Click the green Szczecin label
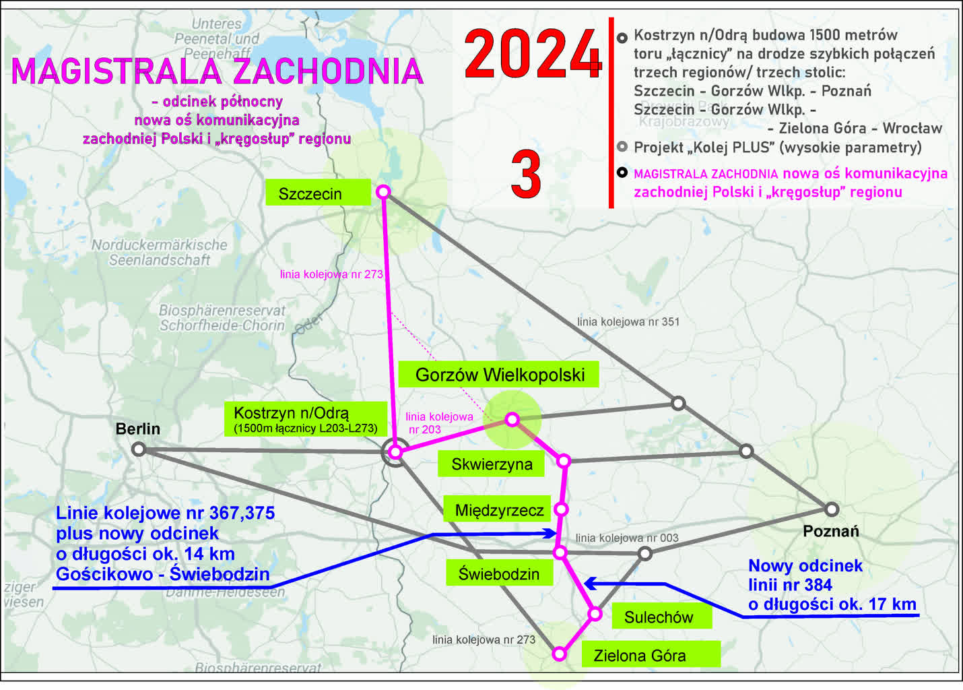coord(317,193)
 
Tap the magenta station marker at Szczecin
coord(383,191)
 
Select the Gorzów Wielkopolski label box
coord(498,375)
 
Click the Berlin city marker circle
coord(139,449)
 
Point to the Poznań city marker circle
coord(832,509)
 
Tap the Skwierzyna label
coord(492,464)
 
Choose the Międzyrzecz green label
coord(498,510)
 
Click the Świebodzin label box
coord(499,573)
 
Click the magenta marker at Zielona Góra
coord(559,654)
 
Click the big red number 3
coord(526,175)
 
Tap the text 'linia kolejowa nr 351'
coord(628,321)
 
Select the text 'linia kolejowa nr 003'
coord(626,538)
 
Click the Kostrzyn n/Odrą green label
coord(306,418)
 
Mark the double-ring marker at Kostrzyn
coord(395,452)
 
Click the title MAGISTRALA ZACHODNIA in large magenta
coord(217,71)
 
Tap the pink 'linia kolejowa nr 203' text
coord(439,423)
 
